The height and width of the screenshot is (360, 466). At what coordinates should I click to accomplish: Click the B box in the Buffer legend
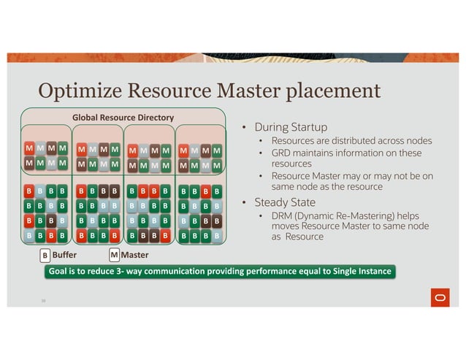click(45, 256)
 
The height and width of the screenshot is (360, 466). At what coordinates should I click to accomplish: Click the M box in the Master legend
click(114, 255)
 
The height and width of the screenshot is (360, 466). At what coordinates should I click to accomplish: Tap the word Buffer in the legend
click(64, 256)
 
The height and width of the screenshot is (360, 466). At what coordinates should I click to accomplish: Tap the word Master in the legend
click(134, 255)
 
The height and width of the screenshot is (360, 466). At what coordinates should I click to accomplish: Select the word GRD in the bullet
click(281, 153)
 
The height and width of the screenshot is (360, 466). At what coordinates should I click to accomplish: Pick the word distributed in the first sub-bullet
click(360, 140)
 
